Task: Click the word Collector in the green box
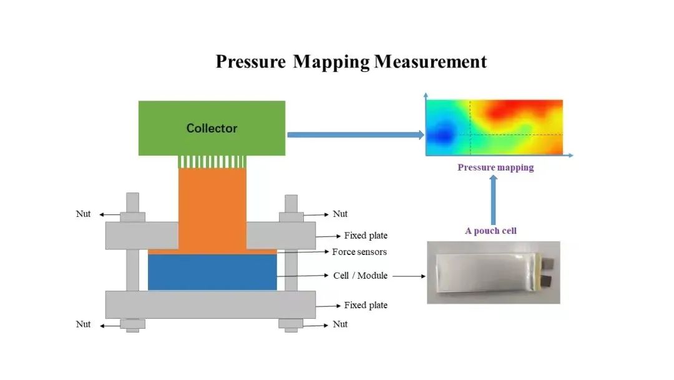point(212,128)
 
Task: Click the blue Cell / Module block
point(212,272)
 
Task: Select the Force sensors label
point(359,252)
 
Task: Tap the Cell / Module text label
point(360,276)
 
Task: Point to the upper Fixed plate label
point(366,236)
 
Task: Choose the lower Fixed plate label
point(366,305)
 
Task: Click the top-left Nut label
point(83,214)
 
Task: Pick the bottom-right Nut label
point(340,324)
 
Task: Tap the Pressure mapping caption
point(496,167)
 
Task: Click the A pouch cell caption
point(491,231)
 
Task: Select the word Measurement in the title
point(430,61)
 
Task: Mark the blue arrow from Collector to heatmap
point(356,135)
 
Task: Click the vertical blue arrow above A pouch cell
point(493,200)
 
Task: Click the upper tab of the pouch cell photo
point(549,262)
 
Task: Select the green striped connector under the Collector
point(212,162)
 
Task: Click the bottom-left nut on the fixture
point(132,324)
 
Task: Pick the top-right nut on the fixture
point(291,217)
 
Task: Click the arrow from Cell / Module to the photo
point(409,276)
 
